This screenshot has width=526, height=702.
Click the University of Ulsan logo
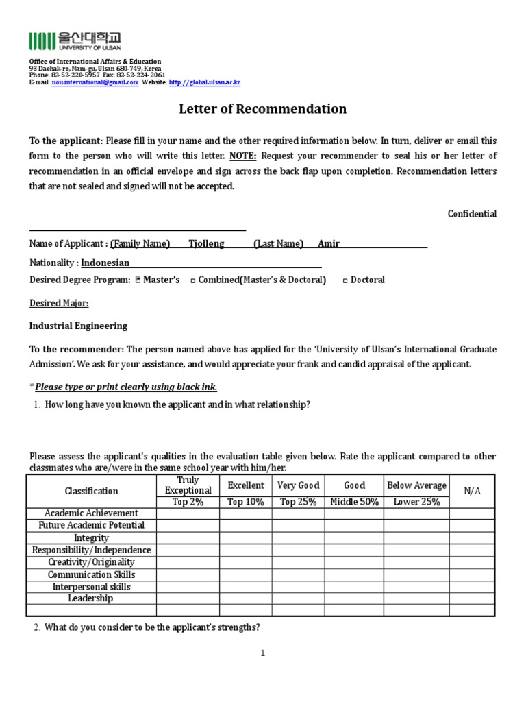point(75,41)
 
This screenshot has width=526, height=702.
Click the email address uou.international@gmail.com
point(95,82)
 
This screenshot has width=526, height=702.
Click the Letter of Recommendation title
point(262,109)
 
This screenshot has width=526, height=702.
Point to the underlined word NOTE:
point(244,156)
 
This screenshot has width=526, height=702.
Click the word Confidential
point(472,214)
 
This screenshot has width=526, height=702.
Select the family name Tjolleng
point(206,243)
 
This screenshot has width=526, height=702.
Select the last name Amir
point(329,243)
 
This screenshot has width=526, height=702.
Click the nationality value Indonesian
point(105,263)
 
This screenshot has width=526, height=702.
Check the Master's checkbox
point(138,280)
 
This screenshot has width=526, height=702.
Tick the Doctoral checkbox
point(345,280)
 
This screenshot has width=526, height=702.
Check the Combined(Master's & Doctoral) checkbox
point(192,280)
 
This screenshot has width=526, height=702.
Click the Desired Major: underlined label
point(59,303)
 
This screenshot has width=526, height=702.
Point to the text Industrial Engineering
point(78,326)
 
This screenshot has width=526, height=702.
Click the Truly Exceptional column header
point(188,485)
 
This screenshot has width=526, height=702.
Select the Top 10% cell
point(245,502)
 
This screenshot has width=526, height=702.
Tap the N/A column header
point(473,491)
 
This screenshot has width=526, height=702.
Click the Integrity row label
point(91,538)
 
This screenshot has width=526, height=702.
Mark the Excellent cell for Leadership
point(245,598)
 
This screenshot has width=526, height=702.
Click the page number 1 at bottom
point(262,653)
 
